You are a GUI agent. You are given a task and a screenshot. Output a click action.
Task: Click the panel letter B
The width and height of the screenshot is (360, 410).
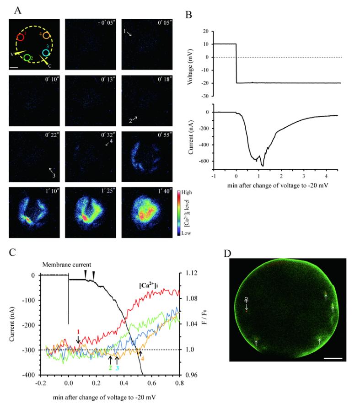click(x=188, y=14)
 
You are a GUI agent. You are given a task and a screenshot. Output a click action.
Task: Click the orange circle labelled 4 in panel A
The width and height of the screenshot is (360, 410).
click(x=47, y=36)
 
